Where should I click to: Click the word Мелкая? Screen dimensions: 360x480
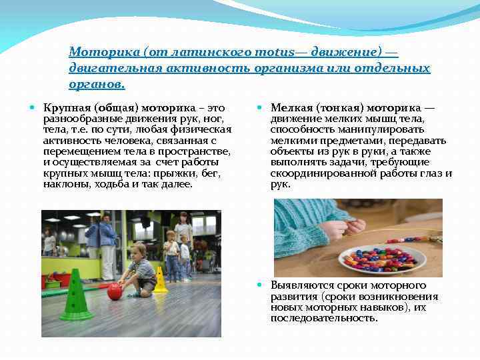point(290,108)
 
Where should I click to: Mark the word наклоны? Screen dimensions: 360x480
point(64,184)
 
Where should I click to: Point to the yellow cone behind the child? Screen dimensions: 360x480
point(160,280)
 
